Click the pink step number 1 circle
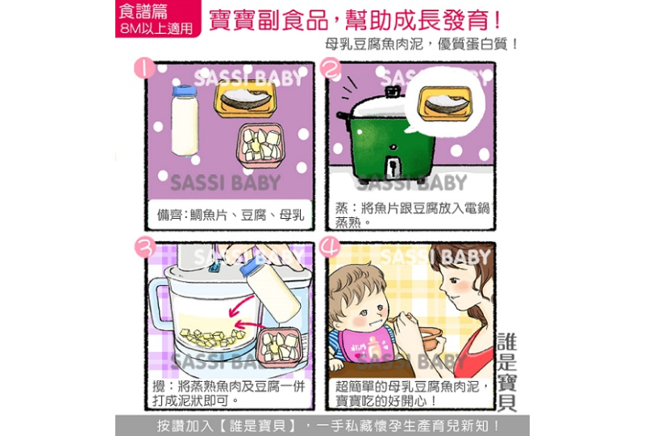(145, 69)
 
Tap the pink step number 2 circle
(331, 68)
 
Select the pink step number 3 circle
(145, 248)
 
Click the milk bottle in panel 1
(185, 121)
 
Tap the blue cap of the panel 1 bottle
(185, 90)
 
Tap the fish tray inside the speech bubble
(445, 103)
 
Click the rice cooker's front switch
(393, 166)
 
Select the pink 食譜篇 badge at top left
(158, 19)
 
